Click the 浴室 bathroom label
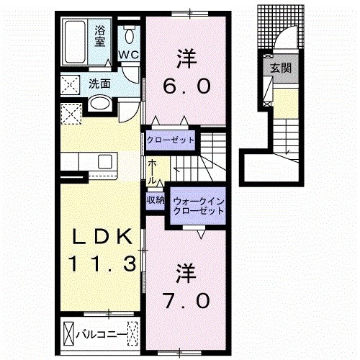click(101, 35)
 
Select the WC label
click(130, 55)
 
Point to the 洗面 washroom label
click(99, 84)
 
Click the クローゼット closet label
click(171, 139)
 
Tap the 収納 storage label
click(156, 200)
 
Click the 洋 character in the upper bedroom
click(186, 56)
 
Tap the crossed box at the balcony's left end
click(69, 333)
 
